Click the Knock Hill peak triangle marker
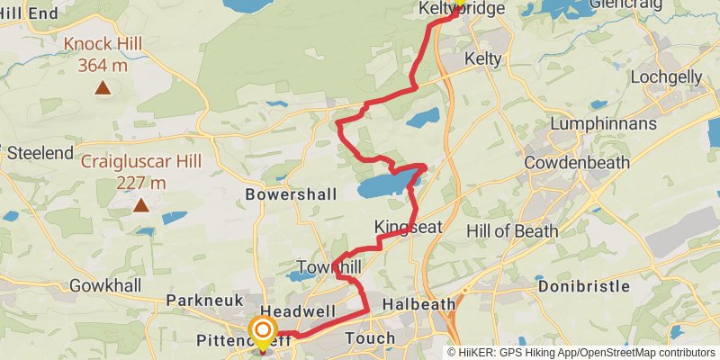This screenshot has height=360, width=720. point(103,88)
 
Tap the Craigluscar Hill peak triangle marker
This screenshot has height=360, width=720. point(140,206)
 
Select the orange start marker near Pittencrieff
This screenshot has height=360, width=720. point(263,331)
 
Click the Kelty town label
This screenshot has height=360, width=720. point(481,58)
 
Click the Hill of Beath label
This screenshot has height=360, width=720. point(511,230)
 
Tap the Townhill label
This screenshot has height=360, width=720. point(328,268)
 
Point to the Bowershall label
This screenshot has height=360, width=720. point(290,193)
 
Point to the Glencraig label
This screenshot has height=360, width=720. point(630,4)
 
